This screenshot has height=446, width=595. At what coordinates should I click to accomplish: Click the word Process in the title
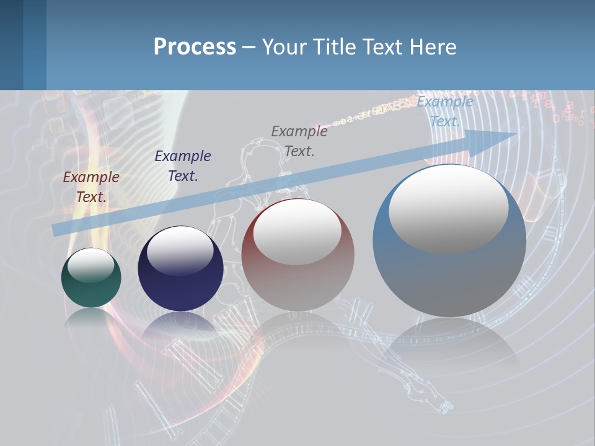[x=195, y=47]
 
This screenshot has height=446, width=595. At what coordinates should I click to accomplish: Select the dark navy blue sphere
[x=180, y=285]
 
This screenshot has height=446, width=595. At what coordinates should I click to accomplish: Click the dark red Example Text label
[x=91, y=187]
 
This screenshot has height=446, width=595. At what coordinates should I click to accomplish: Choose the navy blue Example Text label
[x=183, y=166]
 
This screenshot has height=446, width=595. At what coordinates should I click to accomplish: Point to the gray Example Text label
[x=299, y=141]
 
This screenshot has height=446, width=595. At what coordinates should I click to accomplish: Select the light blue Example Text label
[x=445, y=111]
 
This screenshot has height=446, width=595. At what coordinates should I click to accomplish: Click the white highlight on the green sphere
[x=91, y=265]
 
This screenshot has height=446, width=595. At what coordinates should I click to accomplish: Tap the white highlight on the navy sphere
[x=180, y=250]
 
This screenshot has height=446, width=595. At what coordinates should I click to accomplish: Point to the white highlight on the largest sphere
[x=449, y=208]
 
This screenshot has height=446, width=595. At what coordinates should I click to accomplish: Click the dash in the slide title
[x=249, y=47]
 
